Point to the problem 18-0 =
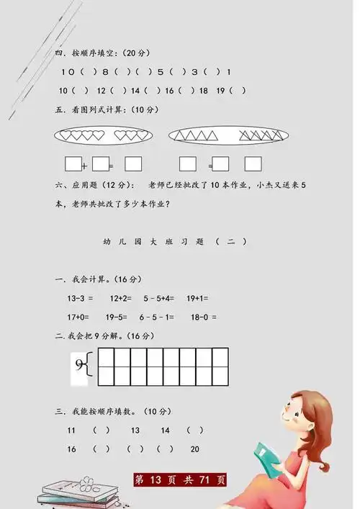click(204, 317)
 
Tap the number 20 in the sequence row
click(194, 449)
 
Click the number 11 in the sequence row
click(71, 430)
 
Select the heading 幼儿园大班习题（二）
click(174, 242)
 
